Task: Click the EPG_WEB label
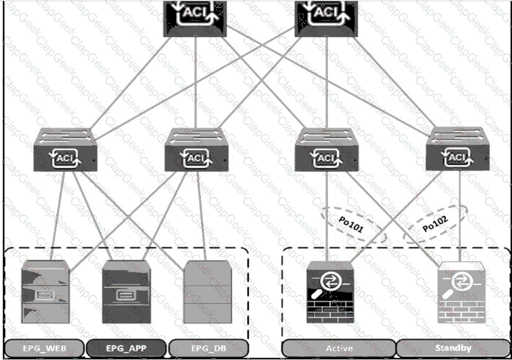(x=44, y=349)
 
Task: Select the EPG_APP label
(x=126, y=349)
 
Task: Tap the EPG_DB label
(x=208, y=349)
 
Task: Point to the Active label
(x=339, y=349)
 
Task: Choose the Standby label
(x=453, y=348)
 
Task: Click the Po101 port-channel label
(x=350, y=225)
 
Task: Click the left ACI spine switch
(x=195, y=18)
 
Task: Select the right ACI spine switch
(x=326, y=18)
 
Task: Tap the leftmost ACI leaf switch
(x=65, y=149)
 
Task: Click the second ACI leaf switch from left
(x=196, y=149)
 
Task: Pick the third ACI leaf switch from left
(x=327, y=149)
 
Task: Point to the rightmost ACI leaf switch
(x=458, y=149)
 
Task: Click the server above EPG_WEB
(x=45, y=292)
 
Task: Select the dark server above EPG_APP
(x=126, y=292)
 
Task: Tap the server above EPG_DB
(x=208, y=292)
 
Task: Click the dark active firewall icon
(x=330, y=292)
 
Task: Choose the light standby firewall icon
(x=461, y=292)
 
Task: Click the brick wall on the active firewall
(x=330, y=310)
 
